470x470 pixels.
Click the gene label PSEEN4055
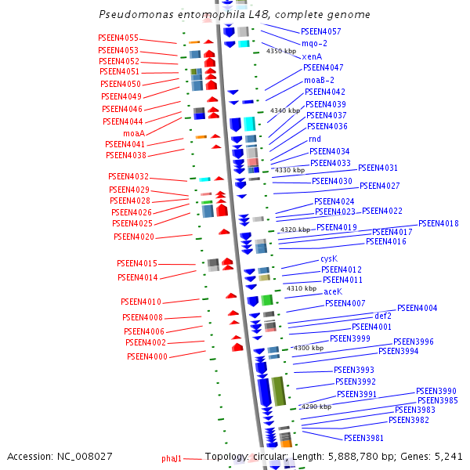click(x=118, y=38)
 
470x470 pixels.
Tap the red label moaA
click(x=133, y=133)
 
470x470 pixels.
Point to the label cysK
click(x=329, y=258)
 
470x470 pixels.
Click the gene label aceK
click(x=333, y=291)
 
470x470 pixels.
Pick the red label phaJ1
click(x=172, y=458)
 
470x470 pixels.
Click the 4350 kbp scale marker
click(x=281, y=51)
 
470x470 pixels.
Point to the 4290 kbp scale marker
click(x=316, y=407)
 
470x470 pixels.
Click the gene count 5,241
click(x=447, y=456)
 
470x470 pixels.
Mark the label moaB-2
click(x=319, y=80)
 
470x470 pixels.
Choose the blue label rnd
click(x=315, y=139)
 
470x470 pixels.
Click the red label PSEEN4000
click(x=147, y=356)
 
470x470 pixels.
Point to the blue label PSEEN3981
click(x=363, y=437)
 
